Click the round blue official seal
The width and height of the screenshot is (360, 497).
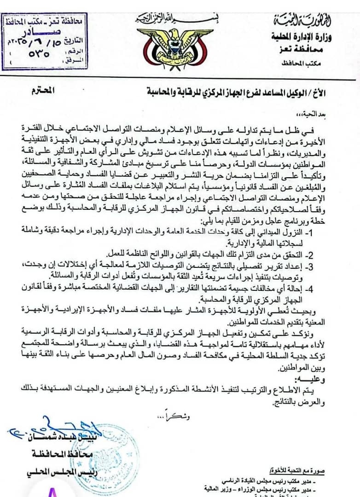pyautogui.click(x=110, y=453)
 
